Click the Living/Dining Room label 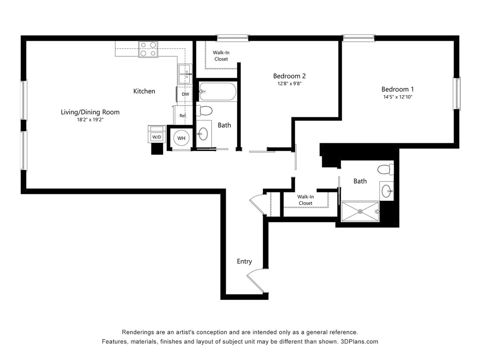[x=90, y=112]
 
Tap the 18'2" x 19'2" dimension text [x=90, y=120]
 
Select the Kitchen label [x=144, y=91]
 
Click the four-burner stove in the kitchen [x=148, y=49]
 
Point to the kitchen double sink [x=185, y=74]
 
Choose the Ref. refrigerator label [x=183, y=116]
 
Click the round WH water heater [x=181, y=138]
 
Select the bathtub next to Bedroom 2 [x=218, y=92]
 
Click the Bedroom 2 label [x=289, y=76]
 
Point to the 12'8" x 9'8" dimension [x=289, y=84]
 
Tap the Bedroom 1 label [x=397, y=90]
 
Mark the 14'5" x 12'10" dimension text [x=398, y=97]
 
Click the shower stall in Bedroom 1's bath [x=360, y=211]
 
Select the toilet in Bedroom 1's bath [x=386, y=169]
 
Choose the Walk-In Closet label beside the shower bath [x=305, y=200]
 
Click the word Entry [x=244, y=261]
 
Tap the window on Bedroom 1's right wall [x=457, y=93]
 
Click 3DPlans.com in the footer [x=359, y=342]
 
